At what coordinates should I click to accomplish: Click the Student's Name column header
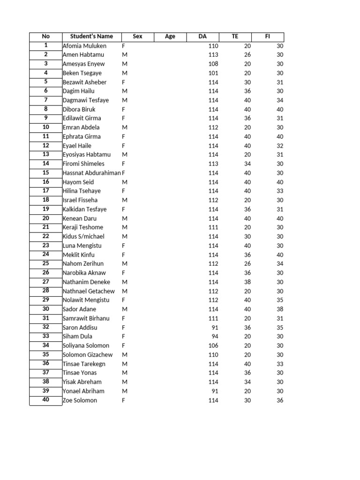click(91, 37)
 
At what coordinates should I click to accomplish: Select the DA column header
click(202, 37)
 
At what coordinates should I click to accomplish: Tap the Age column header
click(170, 37)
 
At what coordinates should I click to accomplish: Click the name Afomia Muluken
click(84, 46)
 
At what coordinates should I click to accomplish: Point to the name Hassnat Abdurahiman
click(91, 173)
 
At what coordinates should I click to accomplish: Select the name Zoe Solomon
click(80, 400)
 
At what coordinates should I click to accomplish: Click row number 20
click(46, 218)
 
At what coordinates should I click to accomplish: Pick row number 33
click(46, 336)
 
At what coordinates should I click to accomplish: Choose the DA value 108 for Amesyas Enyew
click(213, 64)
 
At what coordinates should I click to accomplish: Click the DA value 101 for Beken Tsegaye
click(213, 73)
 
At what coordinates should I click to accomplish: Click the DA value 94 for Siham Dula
click(215, 337)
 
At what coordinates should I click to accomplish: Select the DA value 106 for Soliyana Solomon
click(213, 345)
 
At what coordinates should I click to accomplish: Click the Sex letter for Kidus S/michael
click(125, 237)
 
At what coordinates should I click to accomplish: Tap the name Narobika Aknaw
click(84, 273)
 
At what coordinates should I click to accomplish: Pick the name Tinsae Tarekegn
click(84, 364)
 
